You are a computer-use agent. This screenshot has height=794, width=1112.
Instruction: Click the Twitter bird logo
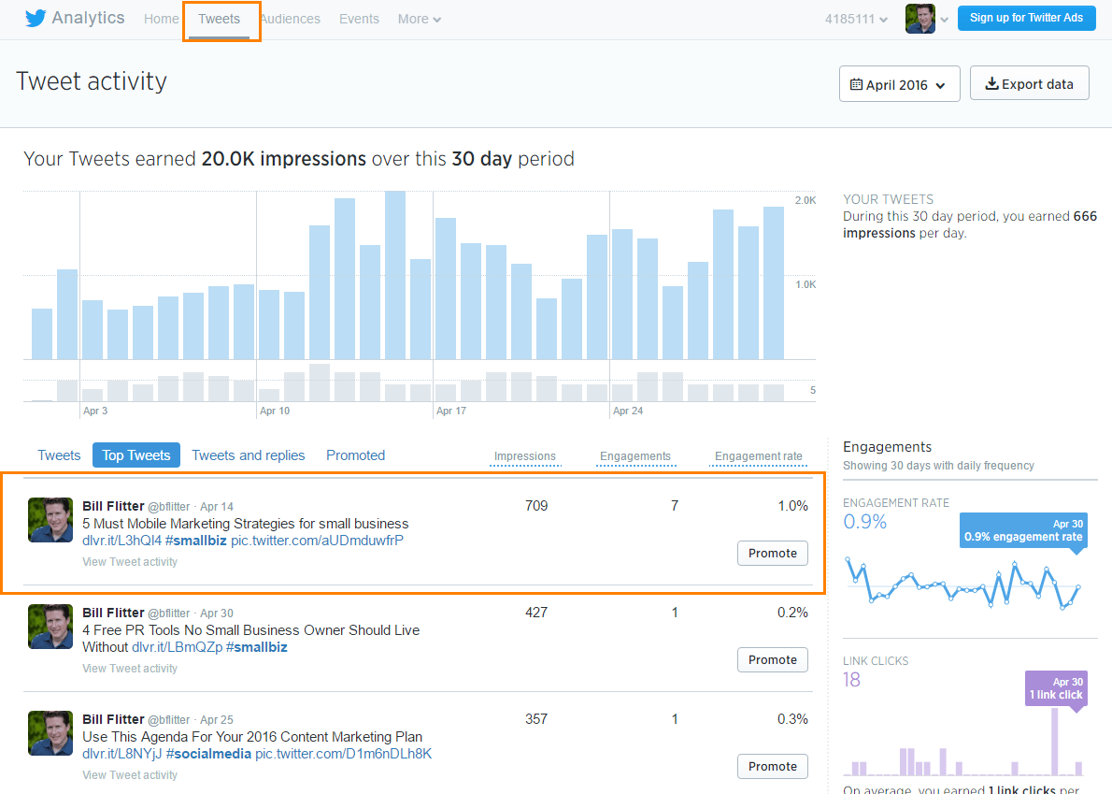click(35, 19)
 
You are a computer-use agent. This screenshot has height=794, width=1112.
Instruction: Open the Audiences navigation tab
click(290, 19)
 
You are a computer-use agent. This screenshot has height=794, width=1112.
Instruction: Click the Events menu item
click(359, 19)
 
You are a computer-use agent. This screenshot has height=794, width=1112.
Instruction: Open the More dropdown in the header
click(419, 19)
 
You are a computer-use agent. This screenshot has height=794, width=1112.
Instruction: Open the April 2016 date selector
click(899, 84)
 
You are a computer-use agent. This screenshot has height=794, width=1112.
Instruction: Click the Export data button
click(1030, 84)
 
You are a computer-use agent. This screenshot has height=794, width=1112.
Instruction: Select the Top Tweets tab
click(136, 455)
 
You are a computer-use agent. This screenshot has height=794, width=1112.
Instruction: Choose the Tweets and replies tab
click(249, 455)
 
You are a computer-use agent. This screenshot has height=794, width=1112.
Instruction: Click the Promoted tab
click(355, 455)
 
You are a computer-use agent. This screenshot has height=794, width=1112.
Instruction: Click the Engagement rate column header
click(758, 456)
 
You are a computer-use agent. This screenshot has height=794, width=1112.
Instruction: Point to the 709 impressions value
click(536, 506)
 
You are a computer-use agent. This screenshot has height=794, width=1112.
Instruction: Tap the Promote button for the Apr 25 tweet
click(772, 766)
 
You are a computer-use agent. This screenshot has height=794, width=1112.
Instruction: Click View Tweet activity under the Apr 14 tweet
click(130, 562)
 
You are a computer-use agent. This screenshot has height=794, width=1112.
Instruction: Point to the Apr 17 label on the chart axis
click(450, 411)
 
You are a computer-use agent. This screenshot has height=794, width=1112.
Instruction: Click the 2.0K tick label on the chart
click(805, 201)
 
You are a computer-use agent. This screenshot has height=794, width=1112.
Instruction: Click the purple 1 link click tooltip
click(1055, 688)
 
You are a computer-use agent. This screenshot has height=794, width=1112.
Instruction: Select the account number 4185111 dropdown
click(855, 19)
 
